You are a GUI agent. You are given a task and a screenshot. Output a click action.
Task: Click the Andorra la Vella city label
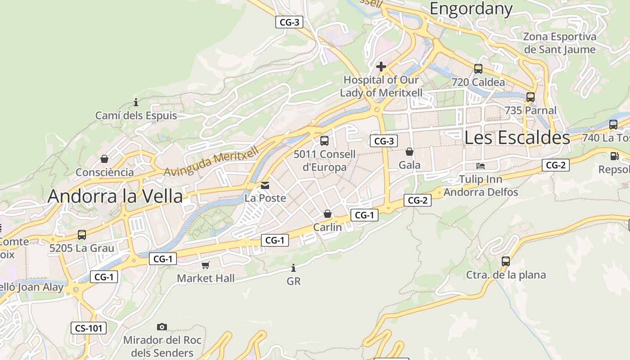pos(115,196)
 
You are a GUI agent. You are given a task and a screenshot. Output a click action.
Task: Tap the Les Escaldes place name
pos(517,138)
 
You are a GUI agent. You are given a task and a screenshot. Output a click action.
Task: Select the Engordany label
pos(471,9)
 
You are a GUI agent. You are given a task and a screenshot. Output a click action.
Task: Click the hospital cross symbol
pos(381,67)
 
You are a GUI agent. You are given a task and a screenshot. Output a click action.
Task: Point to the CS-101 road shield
pos(89,328)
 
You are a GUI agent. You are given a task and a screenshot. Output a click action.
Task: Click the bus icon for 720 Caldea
pos(478,69)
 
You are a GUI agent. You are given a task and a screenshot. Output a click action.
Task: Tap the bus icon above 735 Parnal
pos(531,97)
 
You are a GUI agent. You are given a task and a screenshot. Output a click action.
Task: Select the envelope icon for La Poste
pos(265,185)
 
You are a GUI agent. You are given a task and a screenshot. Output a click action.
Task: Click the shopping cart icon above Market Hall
pos(206,265)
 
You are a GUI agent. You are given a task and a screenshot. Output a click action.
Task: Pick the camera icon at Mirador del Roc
pos(162,327)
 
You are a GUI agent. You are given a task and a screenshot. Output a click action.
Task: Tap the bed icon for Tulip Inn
pos(481,166)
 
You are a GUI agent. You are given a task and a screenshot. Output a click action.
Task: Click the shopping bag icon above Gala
pos(409,152)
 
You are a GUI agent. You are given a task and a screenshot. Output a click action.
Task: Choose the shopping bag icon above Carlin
pos(328,214)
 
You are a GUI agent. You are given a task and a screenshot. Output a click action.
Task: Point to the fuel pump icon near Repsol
pos(614,156)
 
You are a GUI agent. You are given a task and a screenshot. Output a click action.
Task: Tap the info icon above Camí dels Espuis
pos(136,102)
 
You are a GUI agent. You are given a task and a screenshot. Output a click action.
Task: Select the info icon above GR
pos(293,268)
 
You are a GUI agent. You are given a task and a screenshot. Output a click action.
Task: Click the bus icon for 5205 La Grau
pos(81,234)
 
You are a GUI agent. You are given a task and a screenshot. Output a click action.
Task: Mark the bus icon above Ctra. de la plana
pos(506,261)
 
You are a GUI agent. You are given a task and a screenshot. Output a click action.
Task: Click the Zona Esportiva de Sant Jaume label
pos(559,43)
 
